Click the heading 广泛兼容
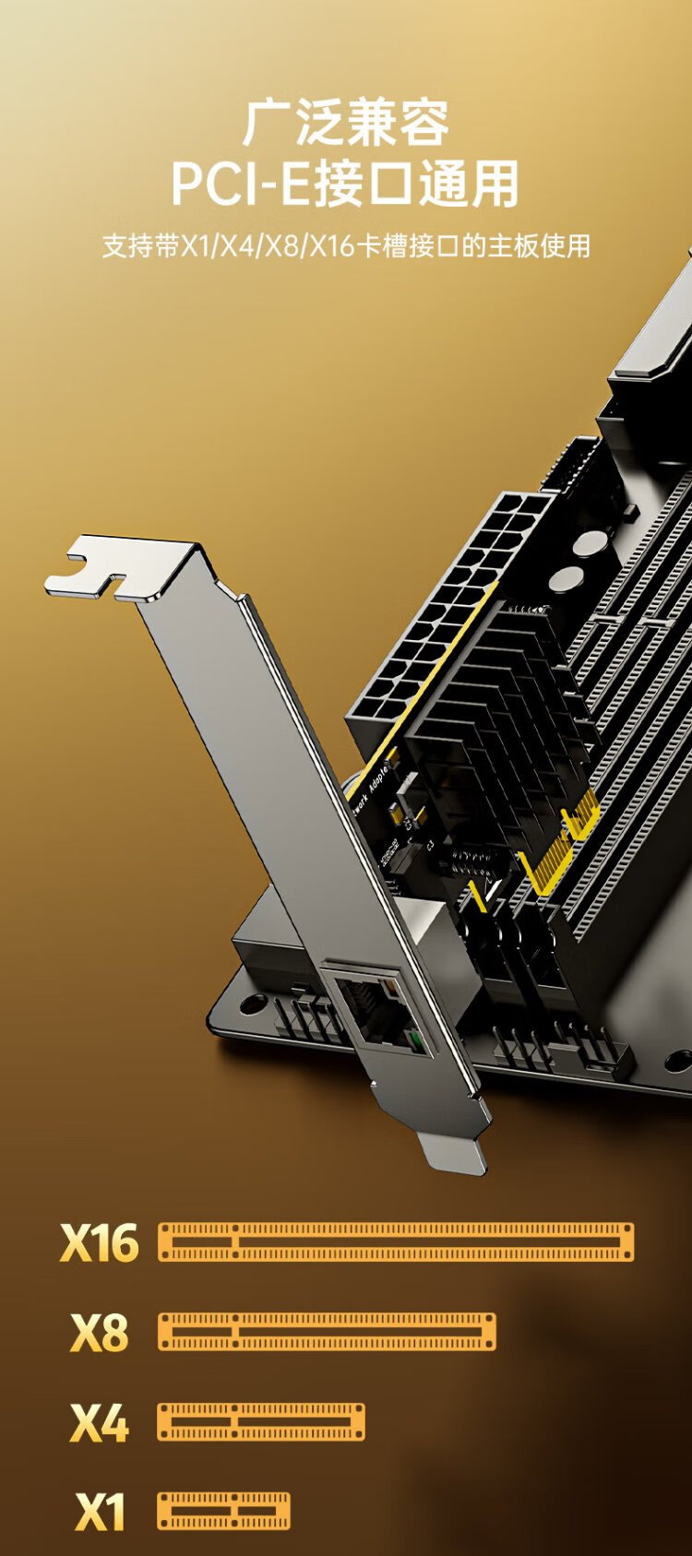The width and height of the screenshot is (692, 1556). pos(345,123)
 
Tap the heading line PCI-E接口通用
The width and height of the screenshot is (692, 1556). pos(344,184)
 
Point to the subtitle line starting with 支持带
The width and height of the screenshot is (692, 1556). pos(346,246)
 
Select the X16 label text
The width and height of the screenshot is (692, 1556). pos(100,1242)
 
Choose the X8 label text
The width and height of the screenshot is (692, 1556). pos(100,1332)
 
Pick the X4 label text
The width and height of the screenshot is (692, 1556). pos(100,1422)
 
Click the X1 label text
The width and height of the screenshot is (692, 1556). pos(100,1512)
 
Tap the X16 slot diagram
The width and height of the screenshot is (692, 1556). pos(396,1242)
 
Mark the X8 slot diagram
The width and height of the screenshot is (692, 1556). pos(327,1332)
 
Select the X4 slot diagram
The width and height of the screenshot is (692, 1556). pos(261,1422)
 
